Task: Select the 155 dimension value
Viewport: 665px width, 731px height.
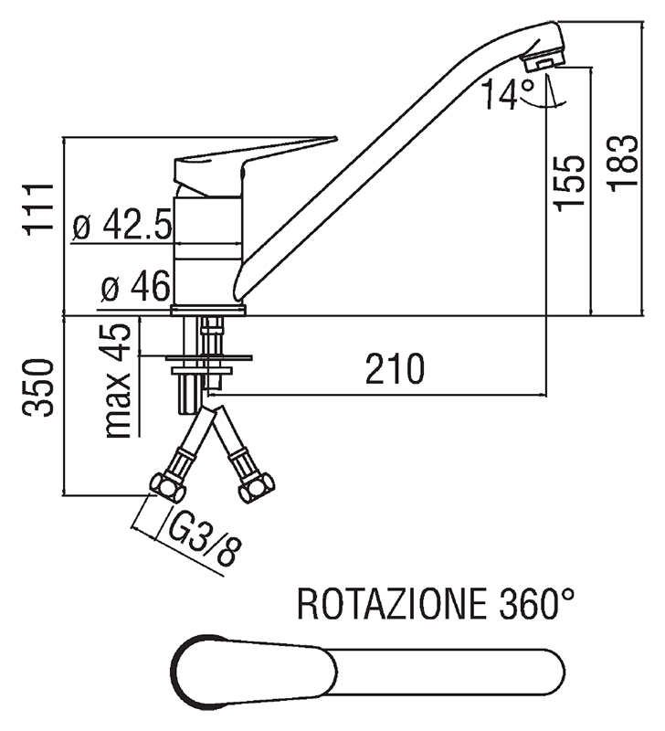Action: [570, 182]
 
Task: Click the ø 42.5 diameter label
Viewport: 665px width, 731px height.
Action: [121, 227]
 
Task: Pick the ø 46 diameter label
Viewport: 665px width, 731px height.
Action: [134, 289]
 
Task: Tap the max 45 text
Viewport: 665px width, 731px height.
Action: [118, 377]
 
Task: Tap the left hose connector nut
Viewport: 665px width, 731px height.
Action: [165, 486]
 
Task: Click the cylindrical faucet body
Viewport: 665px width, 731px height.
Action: [209, 247]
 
